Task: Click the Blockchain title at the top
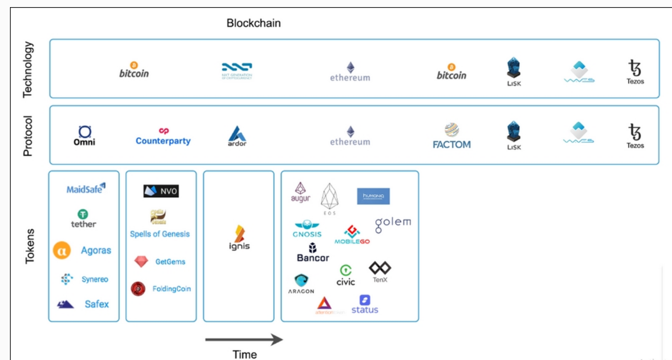point(254,23)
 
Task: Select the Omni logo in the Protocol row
point(85,135)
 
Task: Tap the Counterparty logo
point(163,136)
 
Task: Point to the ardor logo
point(237,136)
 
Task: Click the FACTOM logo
point(452,136)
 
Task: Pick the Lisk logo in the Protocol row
point(514,135)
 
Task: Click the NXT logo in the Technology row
point(237,71)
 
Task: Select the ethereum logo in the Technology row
point(350,72)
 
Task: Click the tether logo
point(84,219)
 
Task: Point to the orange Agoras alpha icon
point(62,250)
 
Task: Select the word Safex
point(97,304)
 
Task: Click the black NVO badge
point(161,191)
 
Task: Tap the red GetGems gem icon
point(141,262)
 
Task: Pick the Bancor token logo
point(312,253)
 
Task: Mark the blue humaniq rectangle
point(373,196)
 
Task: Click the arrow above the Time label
point(244,339)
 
